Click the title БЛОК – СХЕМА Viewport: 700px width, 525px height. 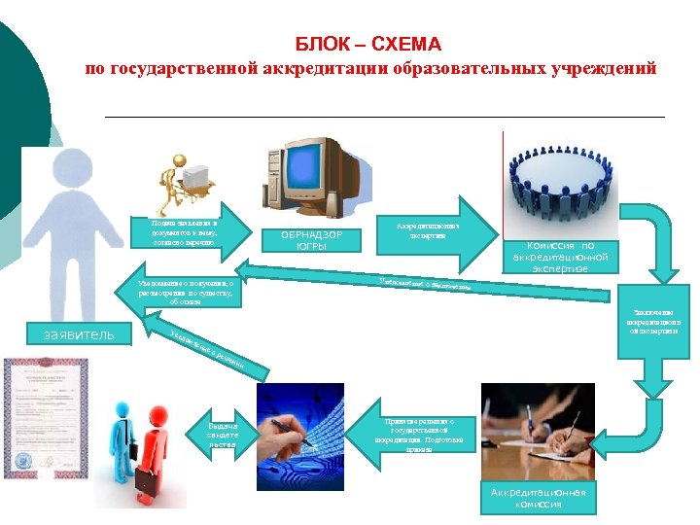[x=368, y=45]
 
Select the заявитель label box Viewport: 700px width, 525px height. [x=72, y=335]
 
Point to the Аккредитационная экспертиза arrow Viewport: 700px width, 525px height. [x=428, y=231]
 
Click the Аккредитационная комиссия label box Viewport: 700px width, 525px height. [x=538, y=498]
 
